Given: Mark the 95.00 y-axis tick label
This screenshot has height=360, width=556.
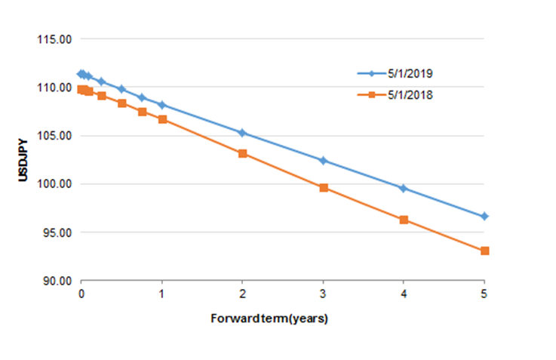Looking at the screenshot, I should click(x=54, y=232).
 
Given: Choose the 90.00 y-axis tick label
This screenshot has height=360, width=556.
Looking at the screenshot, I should click(x=54, y=281).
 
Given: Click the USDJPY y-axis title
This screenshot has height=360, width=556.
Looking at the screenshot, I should click(x=23, y=159).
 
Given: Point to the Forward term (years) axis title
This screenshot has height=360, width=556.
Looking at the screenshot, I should click(x=269, y=318).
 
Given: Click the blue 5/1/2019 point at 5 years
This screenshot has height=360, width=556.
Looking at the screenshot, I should click(x=484, y=217).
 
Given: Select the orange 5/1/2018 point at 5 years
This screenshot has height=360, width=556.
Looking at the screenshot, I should click(x=484, y=251).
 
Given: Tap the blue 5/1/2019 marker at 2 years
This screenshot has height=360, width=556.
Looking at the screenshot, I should click(x=242, y=133).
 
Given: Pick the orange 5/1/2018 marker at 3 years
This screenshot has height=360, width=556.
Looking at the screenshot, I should click(x=323, y=187).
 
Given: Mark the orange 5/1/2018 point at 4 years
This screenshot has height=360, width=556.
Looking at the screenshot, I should click(x=404, y=220).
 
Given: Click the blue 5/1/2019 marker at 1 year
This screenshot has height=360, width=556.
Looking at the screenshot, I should click(x=161, y=104).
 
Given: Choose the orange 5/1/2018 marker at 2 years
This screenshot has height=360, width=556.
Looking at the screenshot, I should click(x=242, y=153).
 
